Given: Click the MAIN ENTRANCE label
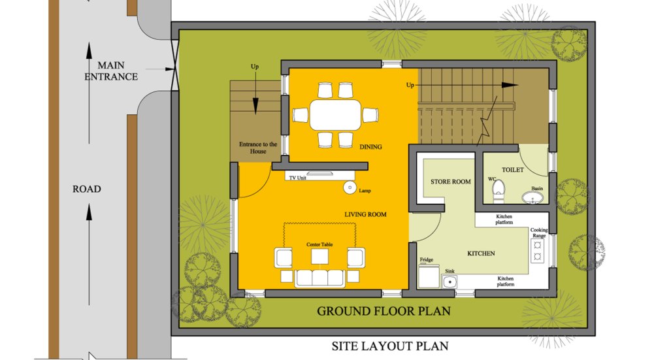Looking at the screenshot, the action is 111,71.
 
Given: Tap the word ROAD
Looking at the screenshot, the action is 87,189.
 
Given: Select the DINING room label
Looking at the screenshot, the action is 370,147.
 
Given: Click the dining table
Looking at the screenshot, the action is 335,115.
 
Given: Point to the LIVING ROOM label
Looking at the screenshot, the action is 365,214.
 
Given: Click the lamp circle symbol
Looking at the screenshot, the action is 350,188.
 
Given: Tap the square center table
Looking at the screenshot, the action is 319,257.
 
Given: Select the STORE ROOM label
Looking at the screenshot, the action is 451,182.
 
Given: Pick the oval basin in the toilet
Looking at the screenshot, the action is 532,197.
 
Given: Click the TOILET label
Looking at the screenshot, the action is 512,170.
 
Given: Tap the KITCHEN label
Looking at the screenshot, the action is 481,254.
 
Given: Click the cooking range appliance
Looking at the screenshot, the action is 537,251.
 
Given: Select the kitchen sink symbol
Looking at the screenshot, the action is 449,282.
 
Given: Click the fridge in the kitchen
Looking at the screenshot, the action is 429,276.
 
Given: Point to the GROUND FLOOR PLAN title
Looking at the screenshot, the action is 383,311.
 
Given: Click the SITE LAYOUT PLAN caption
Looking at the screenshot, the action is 390,346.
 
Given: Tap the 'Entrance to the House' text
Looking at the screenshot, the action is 257,148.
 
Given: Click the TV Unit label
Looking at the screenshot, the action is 297,178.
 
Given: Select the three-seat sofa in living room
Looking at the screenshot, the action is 320,278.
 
